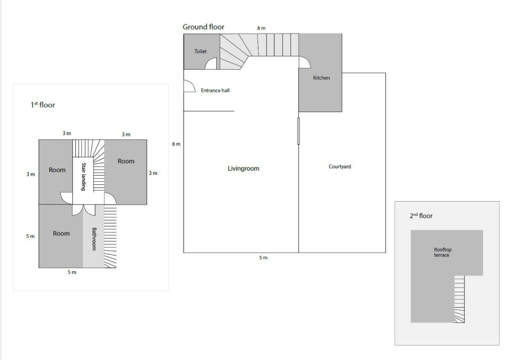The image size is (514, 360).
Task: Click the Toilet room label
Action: pos(200,51)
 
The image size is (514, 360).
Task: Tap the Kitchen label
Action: pos(321,78)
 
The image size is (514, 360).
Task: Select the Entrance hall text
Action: pos(215,90)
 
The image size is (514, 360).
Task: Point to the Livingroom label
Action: pos(243,169)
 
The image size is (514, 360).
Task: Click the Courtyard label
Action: pos(340,167)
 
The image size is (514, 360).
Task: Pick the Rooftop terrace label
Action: pos(443,252)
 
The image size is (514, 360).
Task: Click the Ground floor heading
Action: pos(203,27)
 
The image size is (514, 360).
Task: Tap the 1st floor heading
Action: pos(43,105)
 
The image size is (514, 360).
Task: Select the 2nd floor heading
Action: pos(421,216)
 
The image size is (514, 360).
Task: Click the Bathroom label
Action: pos(94,239)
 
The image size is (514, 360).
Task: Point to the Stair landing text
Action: pos(84,177)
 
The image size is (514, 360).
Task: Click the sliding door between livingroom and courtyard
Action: pos(298,131)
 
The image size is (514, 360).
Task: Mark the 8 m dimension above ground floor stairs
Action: pos(261,28)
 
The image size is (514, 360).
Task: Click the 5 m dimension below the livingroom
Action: pos(263,258)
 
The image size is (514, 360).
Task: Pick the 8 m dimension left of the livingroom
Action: pos(176,144)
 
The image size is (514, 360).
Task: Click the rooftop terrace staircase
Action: pos(459,299)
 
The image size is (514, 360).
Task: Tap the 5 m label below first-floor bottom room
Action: pos(72,272)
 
